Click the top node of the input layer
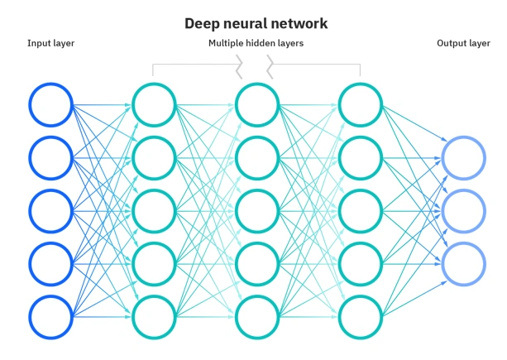tap(51, 104)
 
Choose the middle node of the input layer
tap(51, 211)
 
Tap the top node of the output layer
tap(463, 157)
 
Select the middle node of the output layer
tap(463, 211)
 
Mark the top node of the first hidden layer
tap(154, 104)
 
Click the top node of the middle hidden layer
tap(256, 104)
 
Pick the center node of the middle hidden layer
tap(256, 211)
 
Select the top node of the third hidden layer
tap(361, 104)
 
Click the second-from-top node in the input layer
tap(51, 157)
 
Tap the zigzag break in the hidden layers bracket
tap(256, 65)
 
